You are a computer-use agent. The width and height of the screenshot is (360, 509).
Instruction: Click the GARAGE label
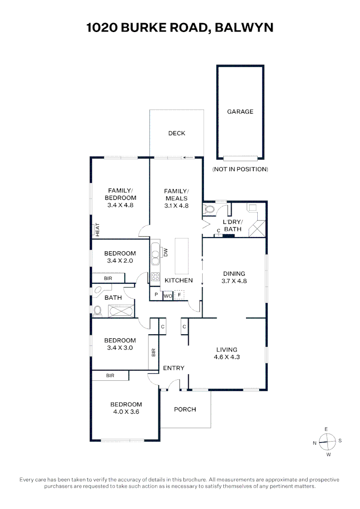240,112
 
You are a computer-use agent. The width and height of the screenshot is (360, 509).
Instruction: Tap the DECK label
177,133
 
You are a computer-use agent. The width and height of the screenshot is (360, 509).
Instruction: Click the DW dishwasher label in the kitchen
165,253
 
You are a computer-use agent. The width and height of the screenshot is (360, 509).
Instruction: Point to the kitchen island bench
182,256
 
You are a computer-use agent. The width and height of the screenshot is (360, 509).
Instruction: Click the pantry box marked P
156,295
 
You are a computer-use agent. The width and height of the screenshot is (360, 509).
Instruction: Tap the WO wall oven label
168,296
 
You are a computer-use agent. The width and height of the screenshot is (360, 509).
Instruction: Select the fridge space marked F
179,296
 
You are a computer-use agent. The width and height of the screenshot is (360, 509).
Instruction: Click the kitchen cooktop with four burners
155,277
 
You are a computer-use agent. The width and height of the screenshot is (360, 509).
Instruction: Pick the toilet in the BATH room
97,312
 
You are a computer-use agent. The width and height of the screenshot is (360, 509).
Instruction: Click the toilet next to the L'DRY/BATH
209,209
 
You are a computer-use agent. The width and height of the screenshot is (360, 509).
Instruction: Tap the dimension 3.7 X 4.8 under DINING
234,281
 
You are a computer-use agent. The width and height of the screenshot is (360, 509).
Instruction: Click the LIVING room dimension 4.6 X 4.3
227,357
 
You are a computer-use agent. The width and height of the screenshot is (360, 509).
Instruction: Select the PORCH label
185,410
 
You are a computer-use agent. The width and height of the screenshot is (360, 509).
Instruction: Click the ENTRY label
174,368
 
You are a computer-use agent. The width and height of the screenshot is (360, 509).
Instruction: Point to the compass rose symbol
327,442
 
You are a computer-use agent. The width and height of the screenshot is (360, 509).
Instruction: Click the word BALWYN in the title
244,28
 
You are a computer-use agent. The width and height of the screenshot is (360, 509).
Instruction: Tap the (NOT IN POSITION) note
240,169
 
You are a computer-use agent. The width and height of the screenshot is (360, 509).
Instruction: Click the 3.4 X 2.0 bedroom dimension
120,261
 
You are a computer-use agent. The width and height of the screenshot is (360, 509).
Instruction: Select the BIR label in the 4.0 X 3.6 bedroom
110,376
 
